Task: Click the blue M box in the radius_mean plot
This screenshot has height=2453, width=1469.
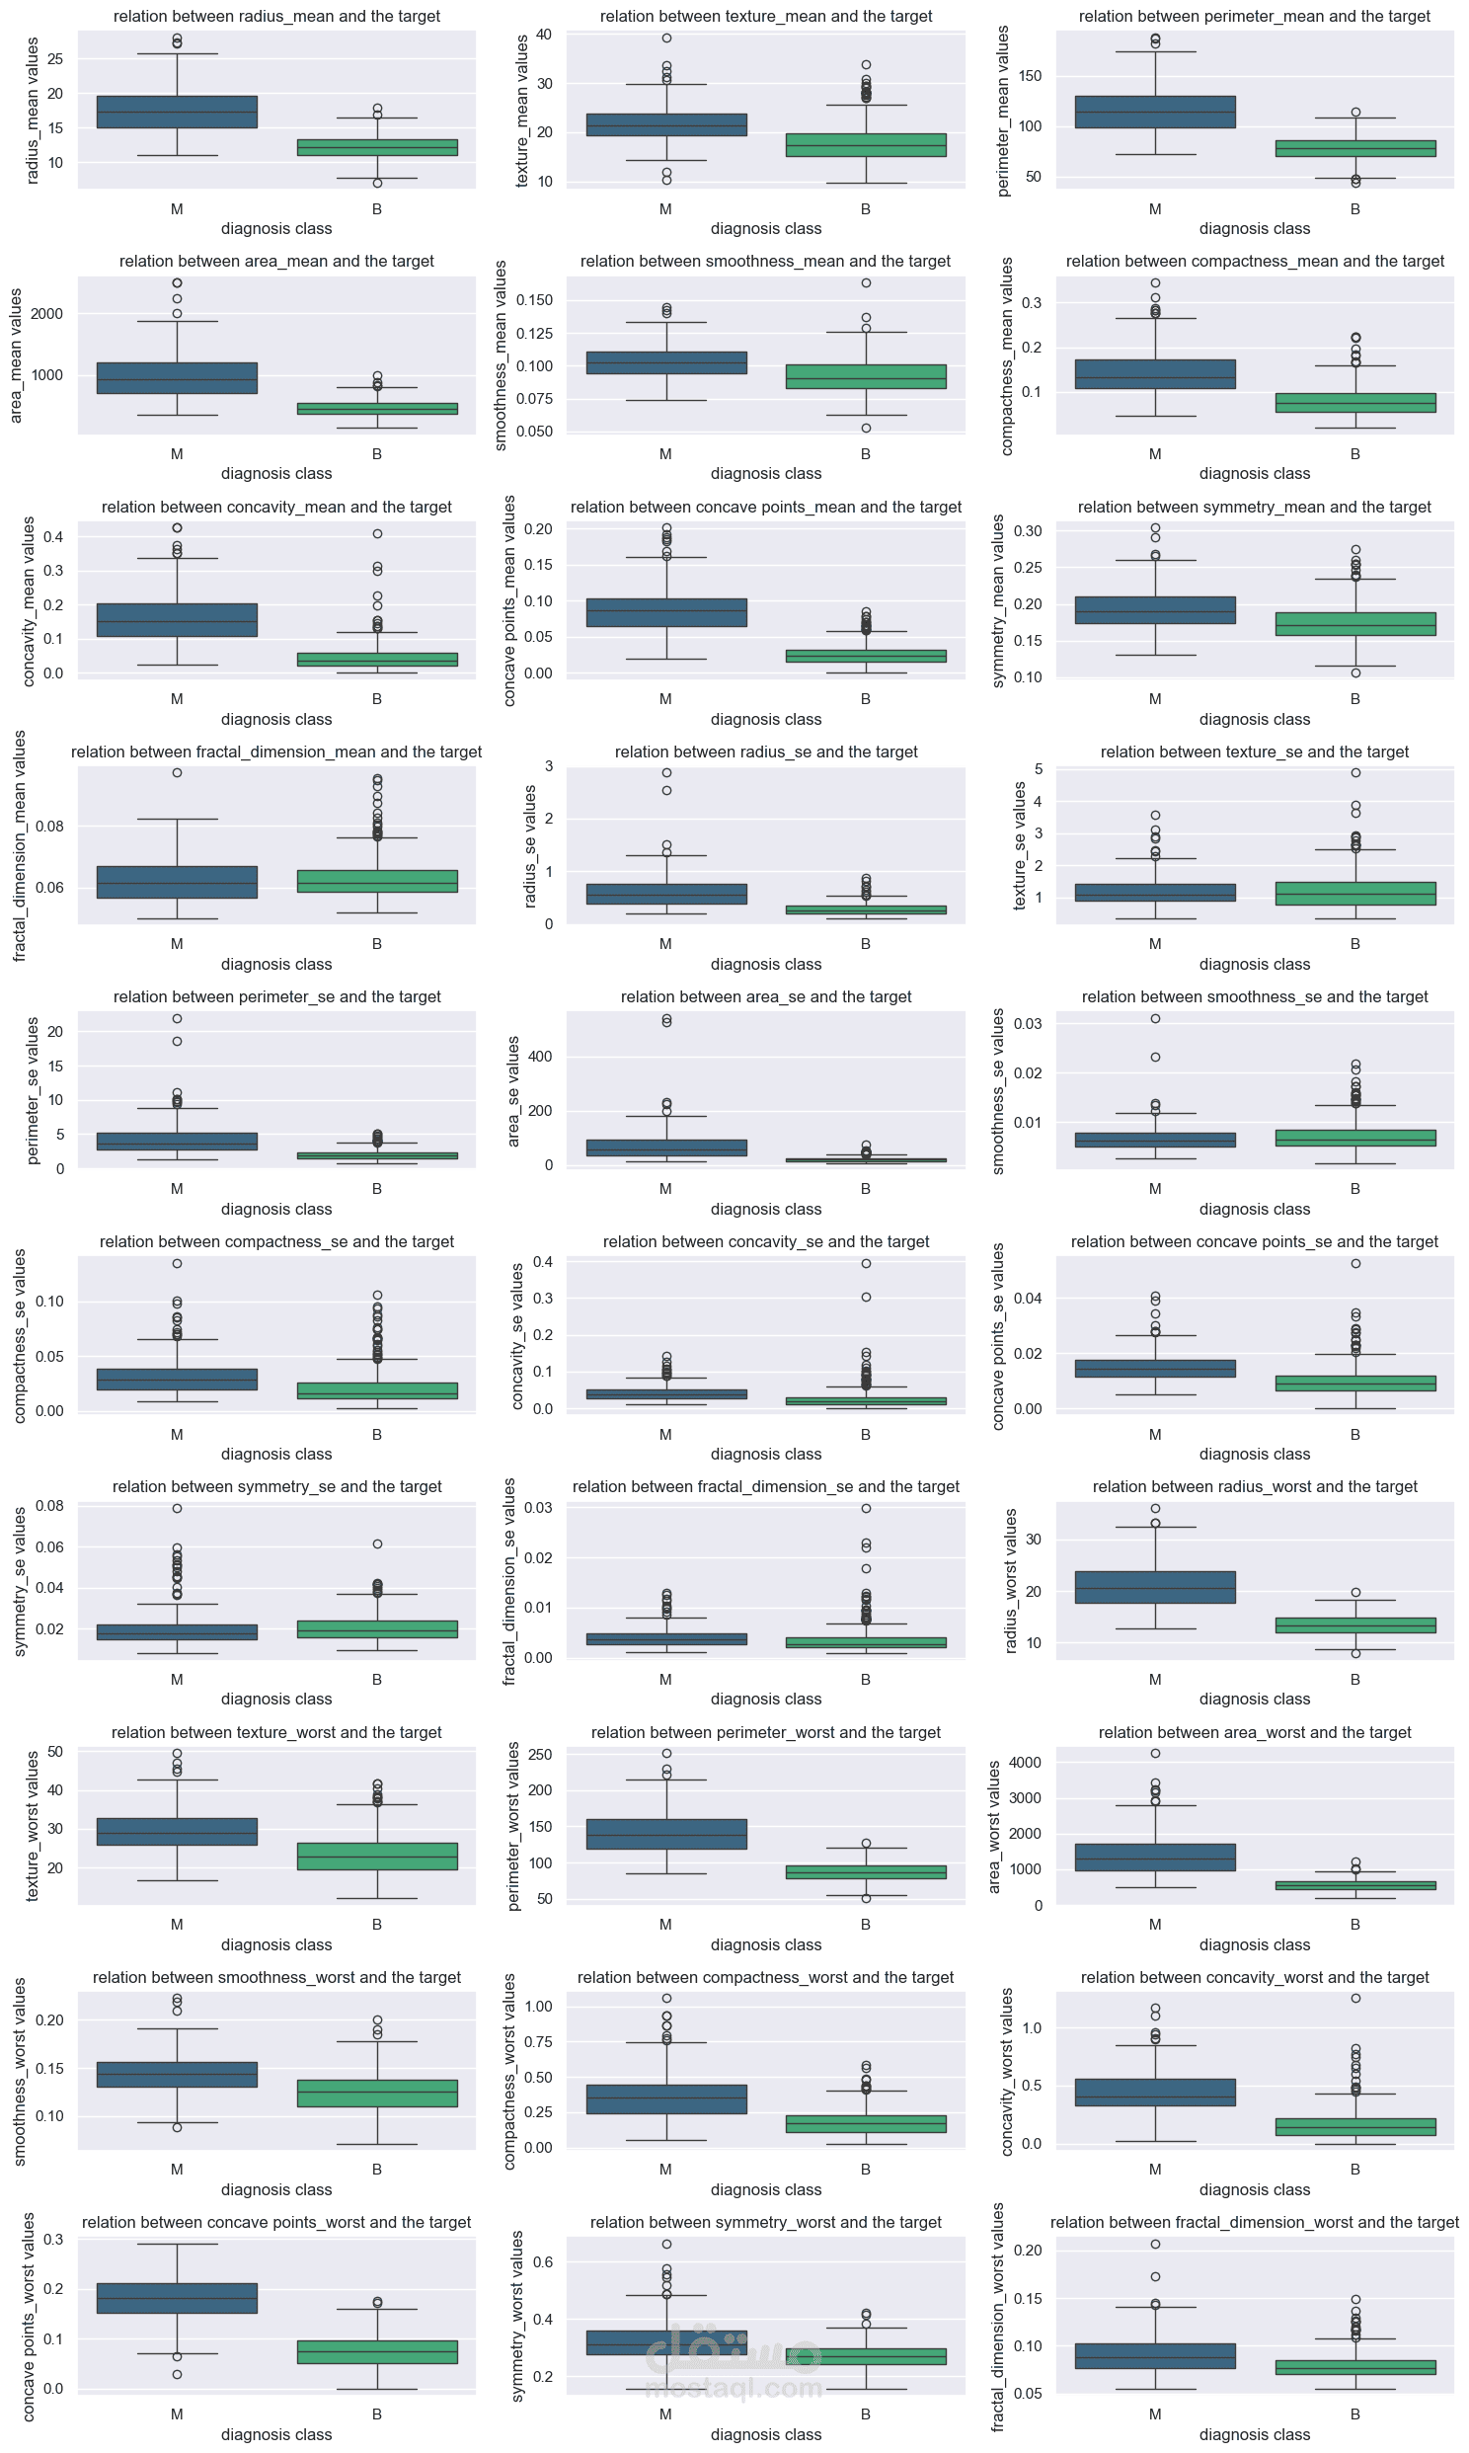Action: pos(177,112)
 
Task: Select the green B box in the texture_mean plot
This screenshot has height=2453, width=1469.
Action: pos(866,144)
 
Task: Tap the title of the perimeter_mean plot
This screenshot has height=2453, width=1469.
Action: pos(1254,16)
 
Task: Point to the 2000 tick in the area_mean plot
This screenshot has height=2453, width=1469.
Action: pos(46,314)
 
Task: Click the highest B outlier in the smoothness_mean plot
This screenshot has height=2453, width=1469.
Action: pos(866,283)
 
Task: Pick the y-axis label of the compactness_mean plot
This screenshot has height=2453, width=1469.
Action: pos(1007,356)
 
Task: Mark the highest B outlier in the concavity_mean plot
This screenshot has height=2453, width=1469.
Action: pos(377,533)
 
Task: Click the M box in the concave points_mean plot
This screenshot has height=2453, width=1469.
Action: pos(666,612)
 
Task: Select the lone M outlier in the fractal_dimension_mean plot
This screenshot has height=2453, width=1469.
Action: pos(177,773)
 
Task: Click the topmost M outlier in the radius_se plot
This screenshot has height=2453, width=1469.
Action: pos(666,773)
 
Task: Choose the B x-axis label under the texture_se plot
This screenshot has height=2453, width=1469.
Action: pos(1355,943)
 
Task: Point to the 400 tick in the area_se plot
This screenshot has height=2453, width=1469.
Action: pos(540,1058)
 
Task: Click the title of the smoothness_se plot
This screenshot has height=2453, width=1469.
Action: pos(1254,996)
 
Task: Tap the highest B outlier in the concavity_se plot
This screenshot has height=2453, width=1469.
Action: pos(866,1263)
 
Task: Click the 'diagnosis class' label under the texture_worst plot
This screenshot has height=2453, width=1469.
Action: pos(276,1944)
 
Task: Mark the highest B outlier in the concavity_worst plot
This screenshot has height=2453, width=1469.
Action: pos(1355,1999)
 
